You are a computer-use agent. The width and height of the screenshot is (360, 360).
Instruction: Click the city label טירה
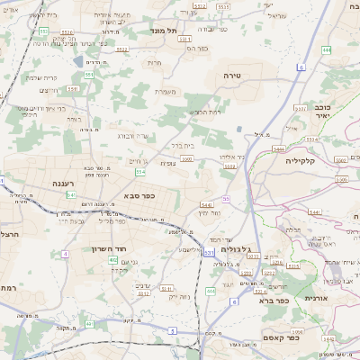231,77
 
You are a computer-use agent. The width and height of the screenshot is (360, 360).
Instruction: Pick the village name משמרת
166,90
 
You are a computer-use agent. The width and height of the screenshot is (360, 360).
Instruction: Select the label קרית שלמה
41,78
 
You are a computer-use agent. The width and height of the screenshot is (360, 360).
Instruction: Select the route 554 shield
139,171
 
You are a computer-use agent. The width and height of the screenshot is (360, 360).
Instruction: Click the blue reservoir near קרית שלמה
79,62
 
